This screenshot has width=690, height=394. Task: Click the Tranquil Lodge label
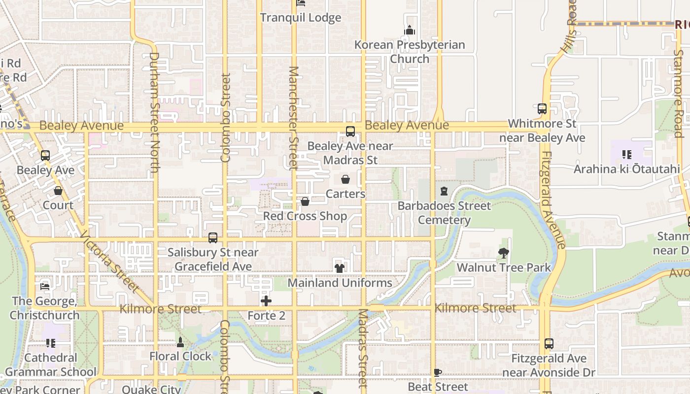click(x=300, y=18)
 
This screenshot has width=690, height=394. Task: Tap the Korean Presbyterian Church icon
click(x=410, y=31)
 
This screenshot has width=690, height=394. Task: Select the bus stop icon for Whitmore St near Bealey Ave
click(x=542, y=109)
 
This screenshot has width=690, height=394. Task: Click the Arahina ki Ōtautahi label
click(x=626, y=169)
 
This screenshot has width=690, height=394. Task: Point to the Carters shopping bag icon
click(x=345, y=179)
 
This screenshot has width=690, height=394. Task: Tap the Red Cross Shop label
click(x=305, y=216)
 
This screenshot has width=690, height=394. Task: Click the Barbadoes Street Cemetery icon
click(x=444, y=191)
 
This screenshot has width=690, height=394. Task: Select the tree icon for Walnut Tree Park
click(x=503, y=253)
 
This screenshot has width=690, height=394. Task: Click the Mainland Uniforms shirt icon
click(x=340, y=268)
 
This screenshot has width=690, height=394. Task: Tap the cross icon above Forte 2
click(x=266, y=301)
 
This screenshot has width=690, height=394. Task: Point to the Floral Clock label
click(x=180, y=356)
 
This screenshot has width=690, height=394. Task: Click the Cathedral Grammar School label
click(x=51, y=365)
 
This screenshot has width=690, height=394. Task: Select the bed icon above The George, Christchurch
click(x=45, y=286)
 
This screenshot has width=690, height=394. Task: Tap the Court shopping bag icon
click(x=58, y=191)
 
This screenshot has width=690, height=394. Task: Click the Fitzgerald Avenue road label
click(x=553, y=199)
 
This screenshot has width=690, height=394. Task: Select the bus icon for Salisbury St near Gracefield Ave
click(x=213, y=238)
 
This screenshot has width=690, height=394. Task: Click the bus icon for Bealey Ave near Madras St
click(x=350, y=131)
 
